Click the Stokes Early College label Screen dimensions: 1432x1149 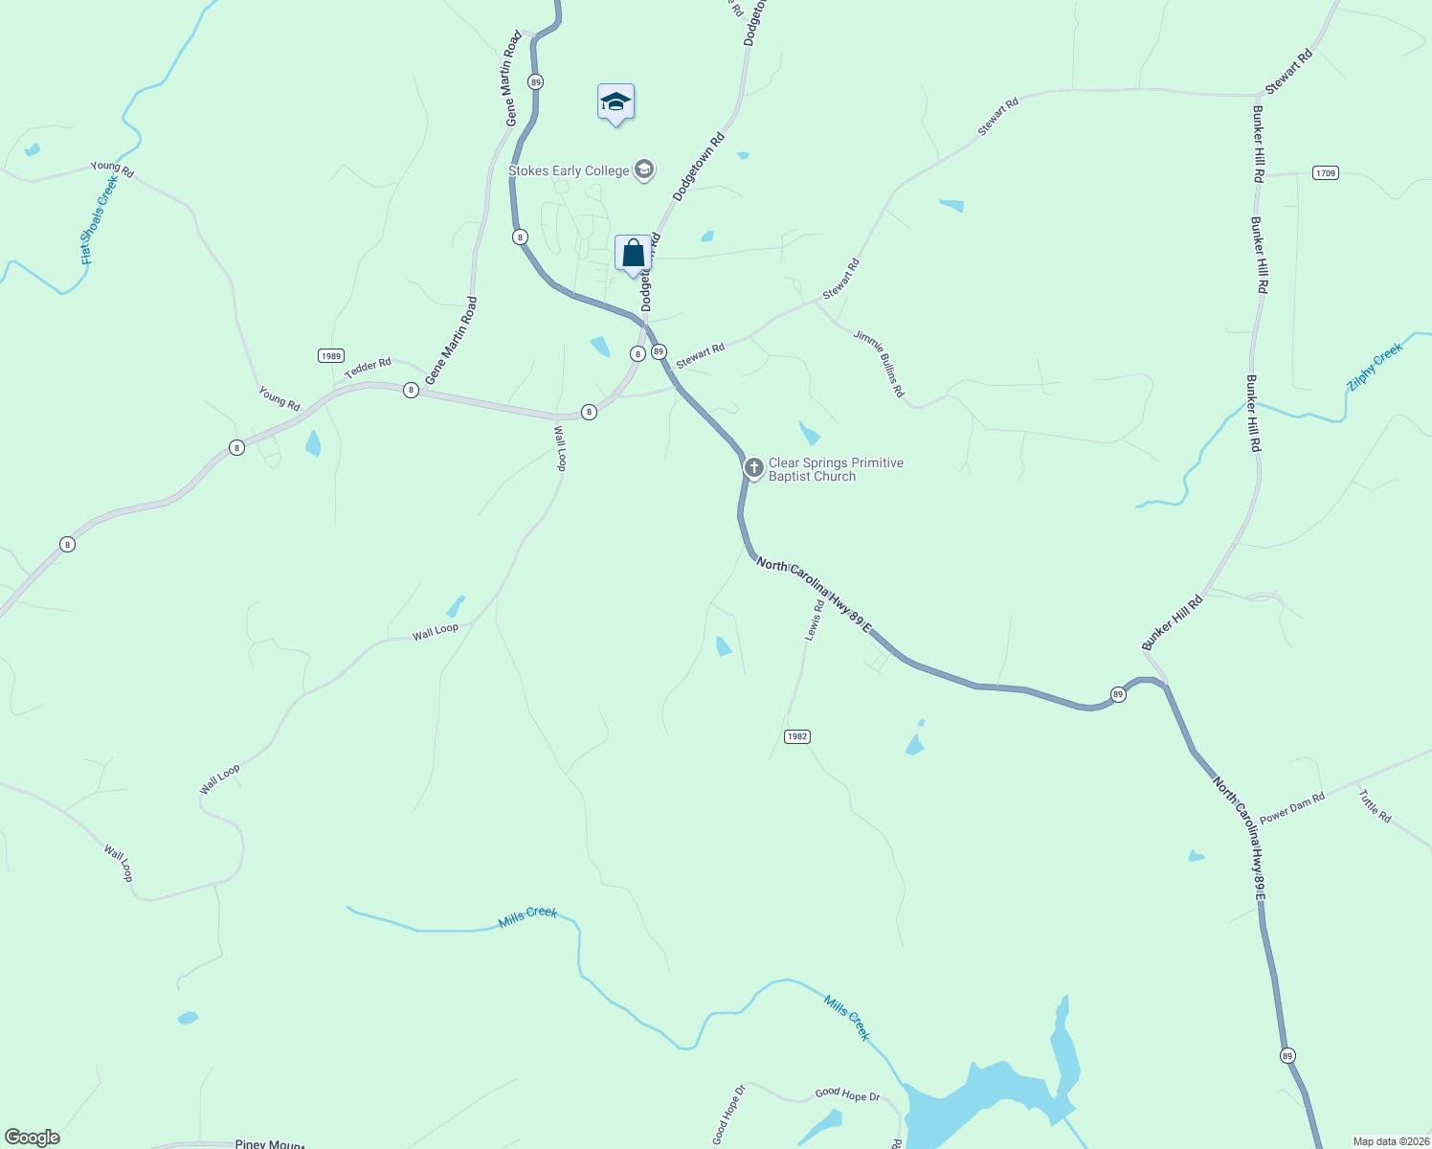point(569,171)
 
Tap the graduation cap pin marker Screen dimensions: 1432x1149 point(615,102)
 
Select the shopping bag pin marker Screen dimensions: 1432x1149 point(633,255)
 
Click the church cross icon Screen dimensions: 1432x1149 point(754,468)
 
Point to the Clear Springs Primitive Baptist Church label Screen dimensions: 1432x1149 point(836,469)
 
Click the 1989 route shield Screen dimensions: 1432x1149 point(330,355)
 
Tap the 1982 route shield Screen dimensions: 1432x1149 point(796,736)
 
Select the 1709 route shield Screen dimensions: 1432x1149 point(1325,173)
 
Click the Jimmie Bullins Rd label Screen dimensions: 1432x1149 point(879,364)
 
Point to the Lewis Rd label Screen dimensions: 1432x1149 point(815,620)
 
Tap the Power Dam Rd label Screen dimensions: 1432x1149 point(1292,808)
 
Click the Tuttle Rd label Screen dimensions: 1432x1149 point(1375,805)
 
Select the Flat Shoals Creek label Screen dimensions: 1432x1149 point(99,220)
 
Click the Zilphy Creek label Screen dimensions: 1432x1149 point(1375,367)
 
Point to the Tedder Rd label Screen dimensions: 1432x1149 point(368,367)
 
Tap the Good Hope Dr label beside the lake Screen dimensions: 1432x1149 point(847,1093)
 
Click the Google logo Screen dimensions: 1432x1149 point(33,1138)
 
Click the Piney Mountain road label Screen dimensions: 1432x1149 point(269,1144)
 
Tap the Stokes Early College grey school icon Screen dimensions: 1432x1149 point(644,170)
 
